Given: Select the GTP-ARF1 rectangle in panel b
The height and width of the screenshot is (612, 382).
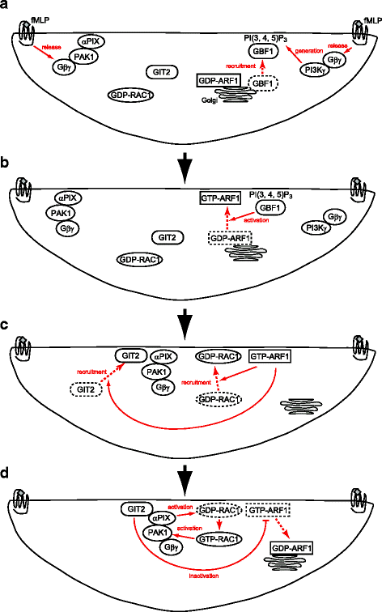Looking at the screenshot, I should [x=227, y=198].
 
